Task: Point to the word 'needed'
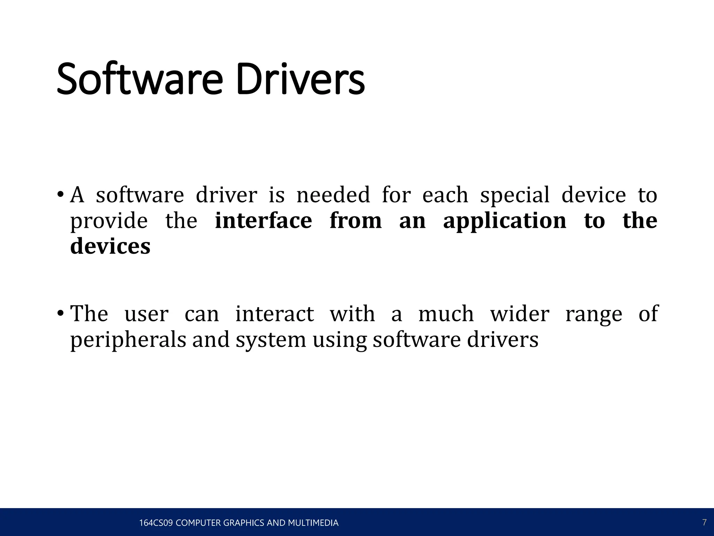[x=333, y=195]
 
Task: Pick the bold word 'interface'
[x=263, y=221]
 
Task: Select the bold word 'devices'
[x=110, y=246]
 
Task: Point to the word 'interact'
[x=275, y=313]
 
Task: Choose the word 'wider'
[x=519, y=313]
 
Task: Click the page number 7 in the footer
[x=704, y=522]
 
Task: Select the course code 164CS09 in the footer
[x=156, y=523]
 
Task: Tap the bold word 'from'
[x=356, y=221]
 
